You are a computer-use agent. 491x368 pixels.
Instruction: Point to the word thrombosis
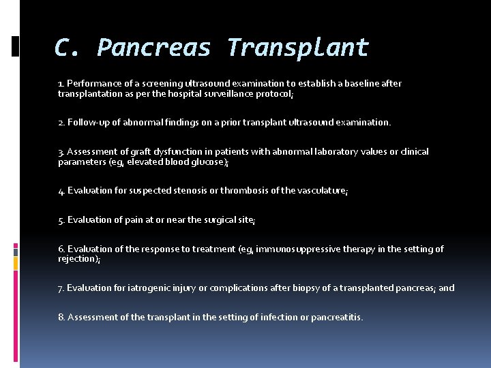coord(256,191)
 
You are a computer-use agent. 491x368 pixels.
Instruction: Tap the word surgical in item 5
coord(196,220)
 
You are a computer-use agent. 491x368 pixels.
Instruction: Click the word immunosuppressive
coord(302,249)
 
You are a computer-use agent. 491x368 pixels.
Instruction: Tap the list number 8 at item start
coord(61,318)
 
